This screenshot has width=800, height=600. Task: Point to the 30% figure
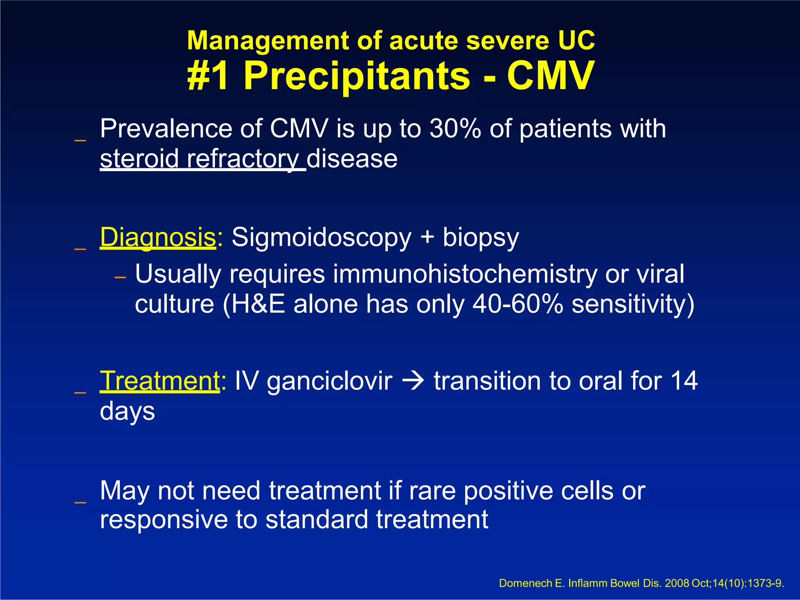[455, 129]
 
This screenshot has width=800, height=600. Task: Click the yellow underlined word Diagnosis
[158, 237]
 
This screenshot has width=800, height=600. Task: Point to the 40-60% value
[518, 304]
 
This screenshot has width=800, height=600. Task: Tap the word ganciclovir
[329, 381]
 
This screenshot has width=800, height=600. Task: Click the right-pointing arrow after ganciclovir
[413, 380]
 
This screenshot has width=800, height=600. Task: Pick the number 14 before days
[684, 380]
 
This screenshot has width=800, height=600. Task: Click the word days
[127, 411]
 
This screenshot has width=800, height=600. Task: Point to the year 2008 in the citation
[677, 584]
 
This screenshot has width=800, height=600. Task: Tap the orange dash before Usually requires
[120, 277]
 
